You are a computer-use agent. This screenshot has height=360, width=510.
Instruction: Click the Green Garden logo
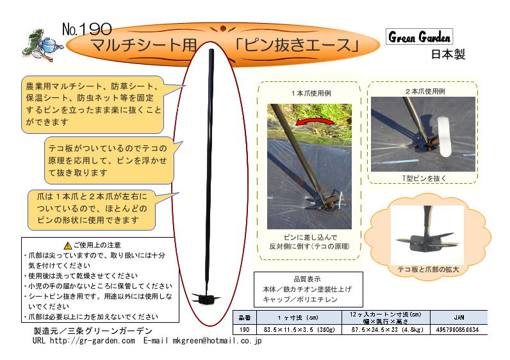[x=419, y=37]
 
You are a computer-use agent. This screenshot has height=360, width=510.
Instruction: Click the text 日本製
[x=448, y=54]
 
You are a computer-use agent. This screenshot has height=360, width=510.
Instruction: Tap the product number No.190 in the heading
[x=87, y=29]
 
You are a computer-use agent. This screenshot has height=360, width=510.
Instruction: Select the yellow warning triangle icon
[x=68, y=245]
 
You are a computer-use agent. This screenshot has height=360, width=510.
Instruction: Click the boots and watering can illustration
[x=42, y=45]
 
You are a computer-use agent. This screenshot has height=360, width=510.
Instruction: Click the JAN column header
[x=459, y=317]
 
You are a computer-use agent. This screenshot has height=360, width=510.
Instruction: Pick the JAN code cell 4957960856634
[x=457, y=330]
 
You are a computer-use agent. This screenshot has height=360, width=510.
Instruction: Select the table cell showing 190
[x=244, y=330]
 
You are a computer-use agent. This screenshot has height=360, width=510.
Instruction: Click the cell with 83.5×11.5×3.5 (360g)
[x=299, y=330]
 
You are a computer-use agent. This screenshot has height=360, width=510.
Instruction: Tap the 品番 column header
[x=245, y=318]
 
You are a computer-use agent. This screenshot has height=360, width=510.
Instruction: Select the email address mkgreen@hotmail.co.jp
[x=217, y=341]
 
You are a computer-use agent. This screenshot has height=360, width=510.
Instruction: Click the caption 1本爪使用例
[x=311, y=94]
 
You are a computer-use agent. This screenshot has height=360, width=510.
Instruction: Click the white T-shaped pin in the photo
[x=443, y=136]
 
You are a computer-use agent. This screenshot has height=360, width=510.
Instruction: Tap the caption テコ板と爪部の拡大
[x=428, y=269]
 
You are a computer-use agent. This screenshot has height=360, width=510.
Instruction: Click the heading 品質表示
[x=308, y=279]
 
